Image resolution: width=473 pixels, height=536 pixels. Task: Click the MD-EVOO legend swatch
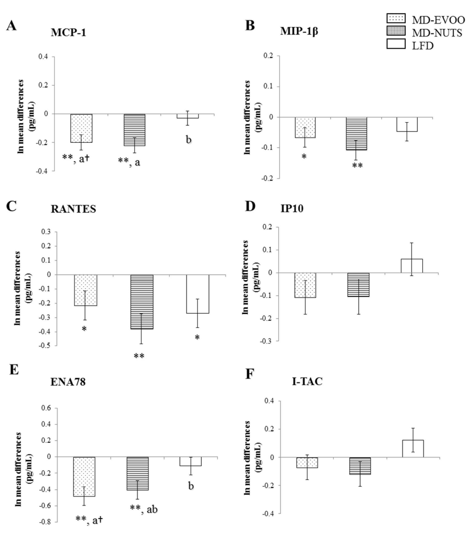pyautogui.click(x=396, y=18)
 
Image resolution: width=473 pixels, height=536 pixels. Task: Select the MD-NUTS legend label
pyautogui.click(x=437, y=33)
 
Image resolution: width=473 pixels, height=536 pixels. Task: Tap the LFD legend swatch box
pyautogui.click(x=396, y=44)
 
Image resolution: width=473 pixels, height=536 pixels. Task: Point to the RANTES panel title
pyautogui.click(x=73, y=209)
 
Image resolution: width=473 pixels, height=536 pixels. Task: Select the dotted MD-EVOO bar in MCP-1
pyautogui.click(x=81, y=128)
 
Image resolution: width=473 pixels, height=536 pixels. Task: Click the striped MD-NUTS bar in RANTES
pyautogui.click(x=142, y=302)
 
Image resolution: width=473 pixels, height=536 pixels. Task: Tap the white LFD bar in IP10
pyautogui.click(x=412, y=266)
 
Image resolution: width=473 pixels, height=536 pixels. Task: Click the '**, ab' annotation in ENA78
pyautogui.click(x=144, y=509)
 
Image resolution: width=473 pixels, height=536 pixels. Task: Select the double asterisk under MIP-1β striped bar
pyautogui.click(x=357, y=165)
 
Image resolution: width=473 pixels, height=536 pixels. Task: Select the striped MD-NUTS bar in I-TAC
pyautogui.click(x=360, y=466)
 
